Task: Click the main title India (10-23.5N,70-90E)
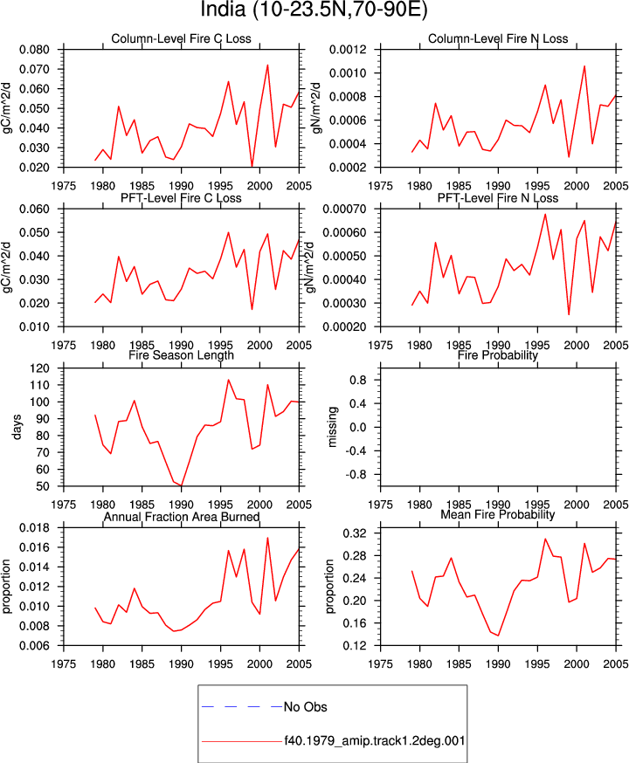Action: tap(314, 10)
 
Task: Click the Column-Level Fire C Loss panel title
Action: tap(181, 39)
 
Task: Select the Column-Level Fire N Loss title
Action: tap(498, 39)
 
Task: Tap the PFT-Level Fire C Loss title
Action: tap(181, 198)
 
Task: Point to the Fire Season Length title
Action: tap(181, 355)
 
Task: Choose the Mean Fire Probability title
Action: tap(498, 514)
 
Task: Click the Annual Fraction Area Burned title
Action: tap(181, 517)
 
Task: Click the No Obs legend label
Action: tap(305, 706)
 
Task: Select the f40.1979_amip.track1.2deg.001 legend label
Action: tap(375, 741)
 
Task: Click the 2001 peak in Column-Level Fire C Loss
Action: tap(267, 65)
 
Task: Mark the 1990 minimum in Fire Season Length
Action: tap(181, 485)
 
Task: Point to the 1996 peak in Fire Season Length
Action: tap(228, 380)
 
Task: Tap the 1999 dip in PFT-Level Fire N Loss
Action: tap(569, 314)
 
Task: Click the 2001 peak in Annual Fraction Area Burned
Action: tap(267, 538)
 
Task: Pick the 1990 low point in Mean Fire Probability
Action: tap(498, 636)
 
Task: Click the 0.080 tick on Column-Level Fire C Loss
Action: tap(35, 50)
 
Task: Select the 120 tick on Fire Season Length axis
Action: tap(40, 368)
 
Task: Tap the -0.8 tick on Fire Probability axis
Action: tap(356, 474)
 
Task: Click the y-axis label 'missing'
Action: tap(333, 427)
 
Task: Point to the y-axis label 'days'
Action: tap(17, 427)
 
